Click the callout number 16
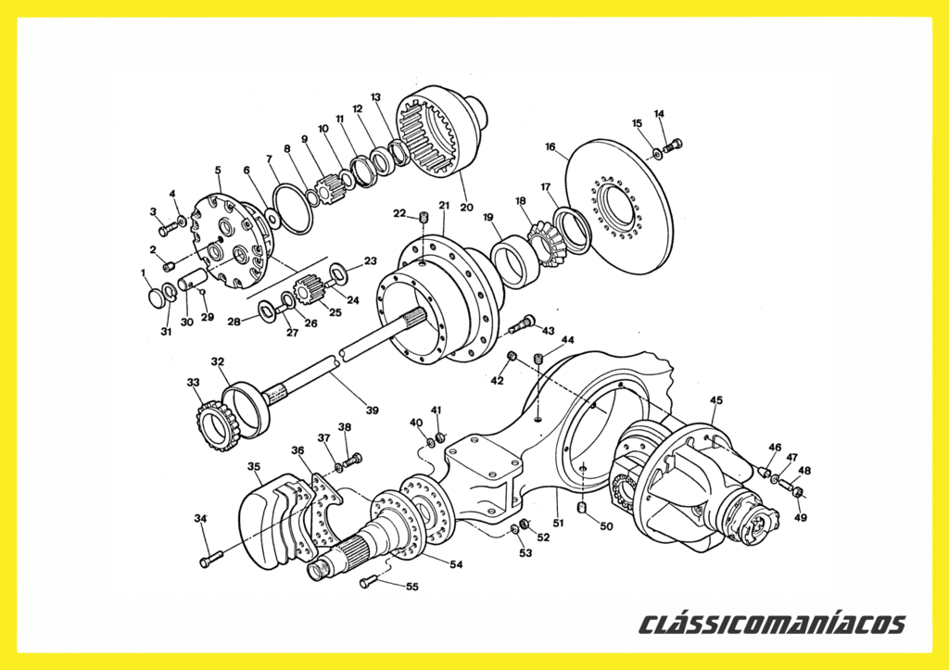click(550, 146)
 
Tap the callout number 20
click(466, 207)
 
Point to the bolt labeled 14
click(673, 145)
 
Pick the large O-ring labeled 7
click(293, 209)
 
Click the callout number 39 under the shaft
click(373, 410)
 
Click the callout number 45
click(716, 400)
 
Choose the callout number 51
click(558, 523)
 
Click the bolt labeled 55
click(369, 583)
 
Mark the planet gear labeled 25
click(308, 289)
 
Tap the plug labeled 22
click(424, 217)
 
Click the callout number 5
click(218, 171)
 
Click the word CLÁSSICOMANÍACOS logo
click(773, 624)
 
